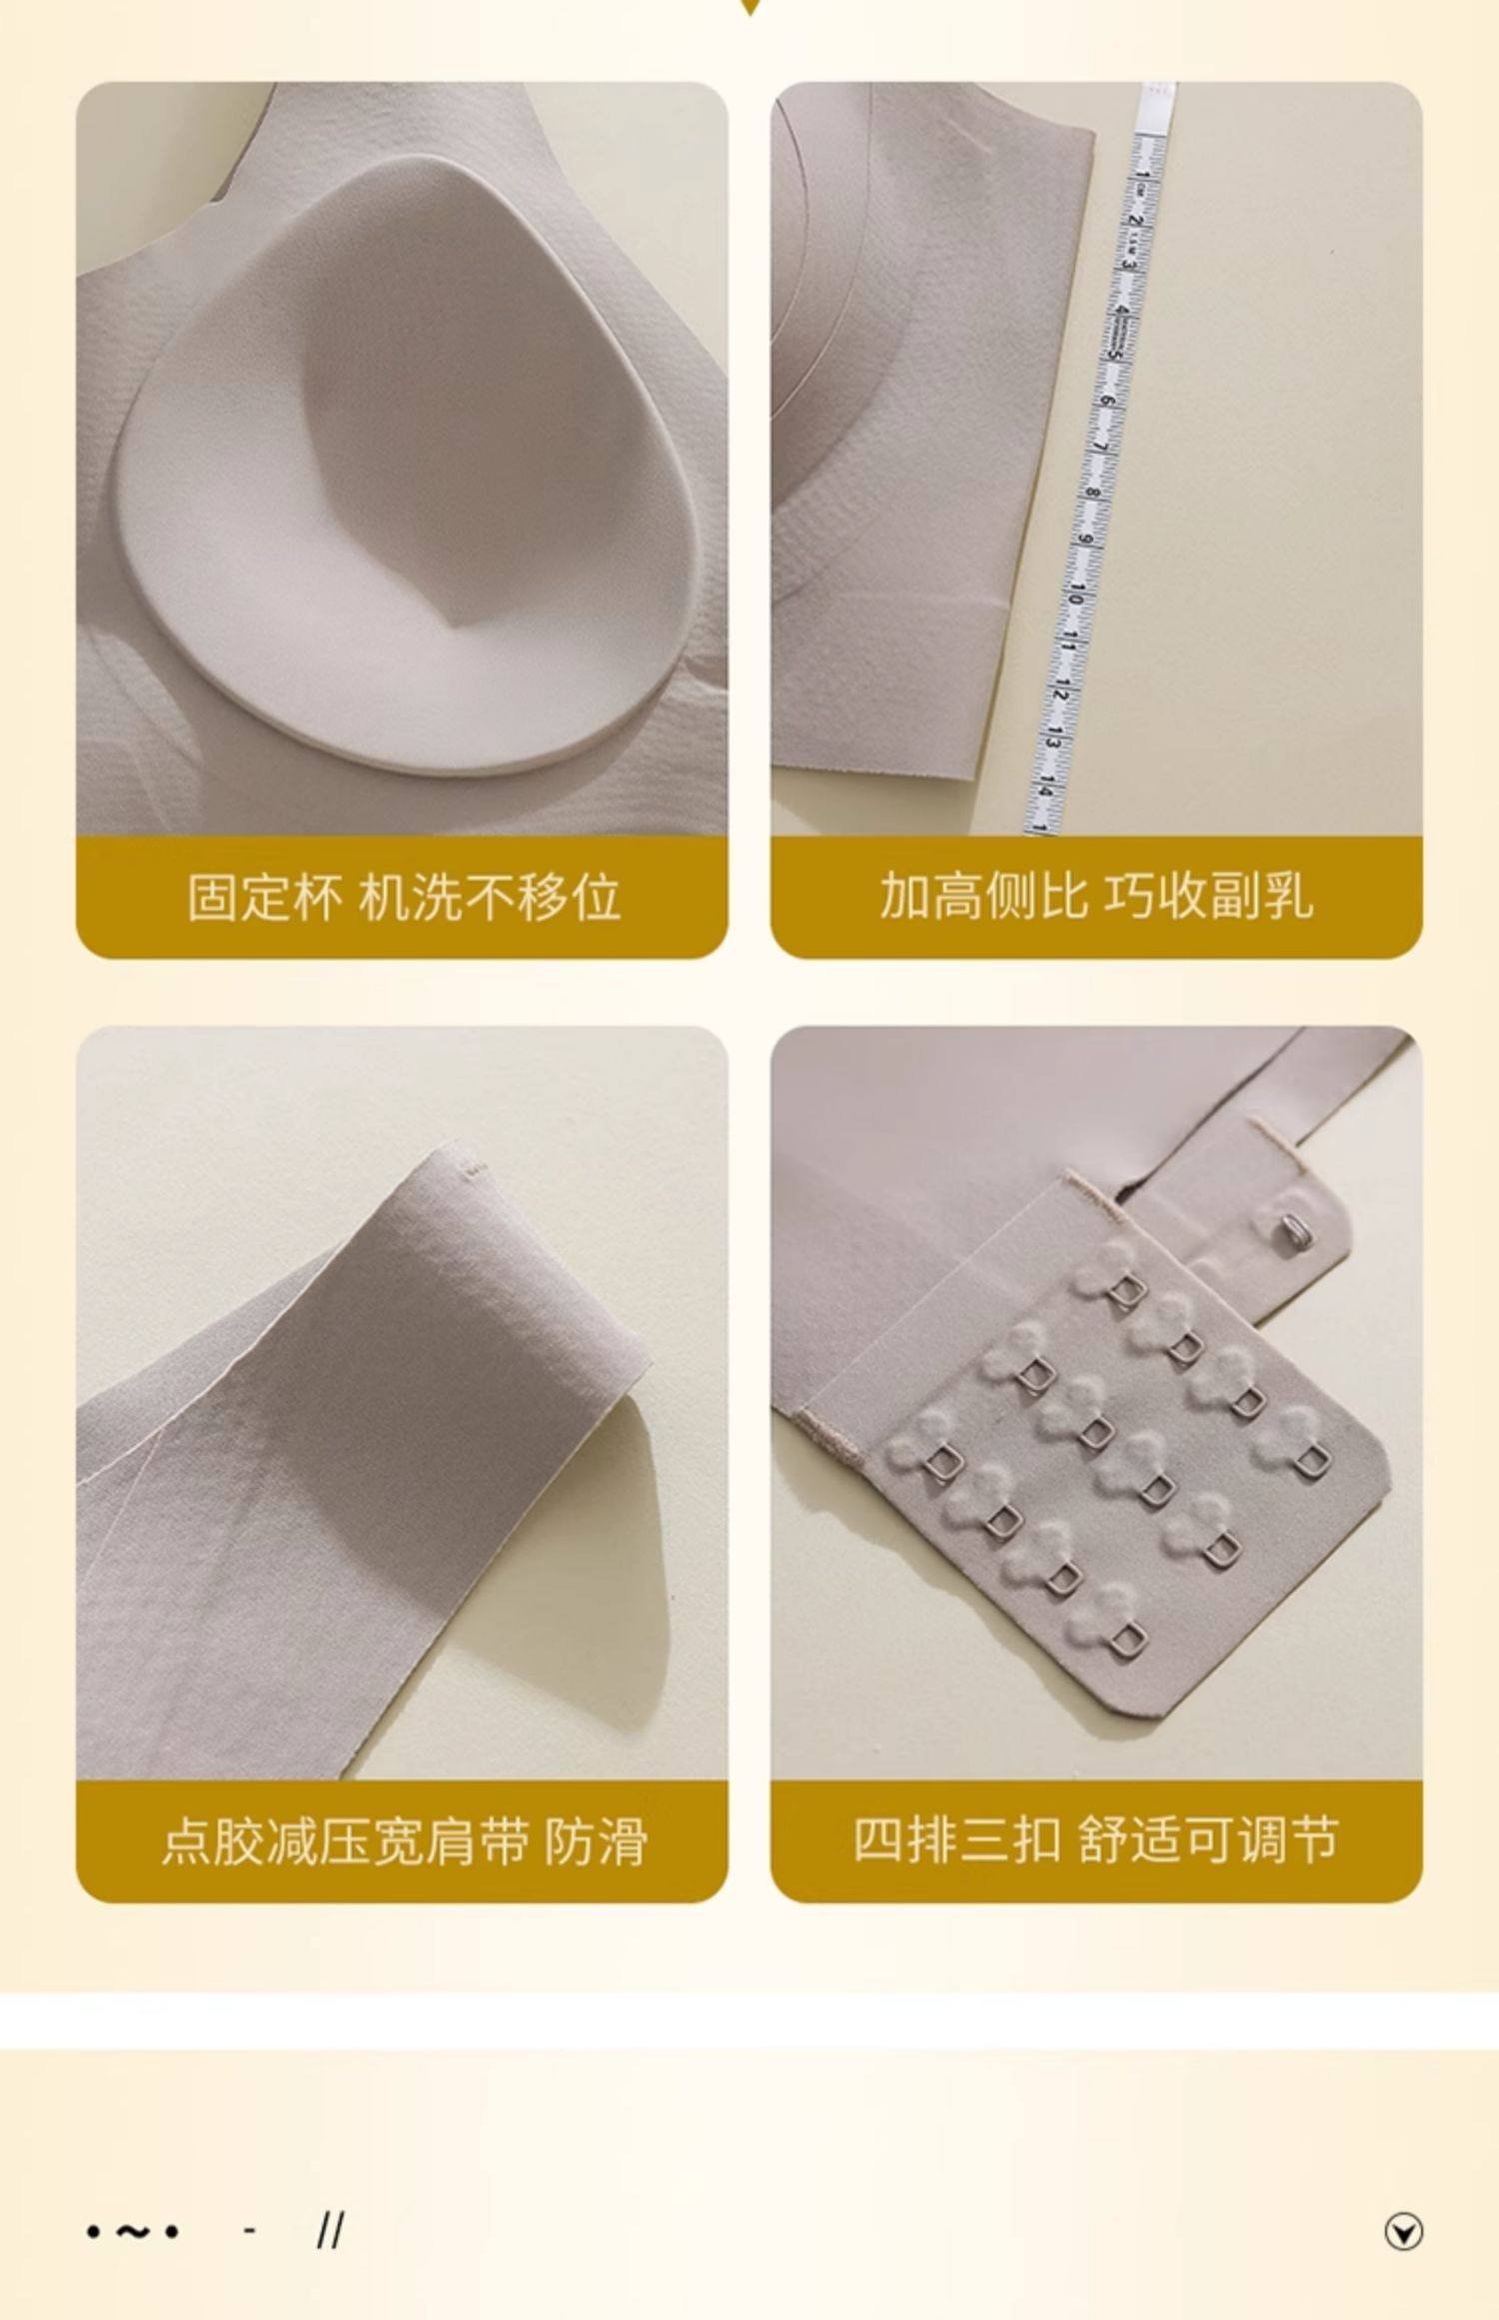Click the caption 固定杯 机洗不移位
point(404,896)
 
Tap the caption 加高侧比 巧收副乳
point(1096,895)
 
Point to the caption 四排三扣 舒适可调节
point(1096,1839)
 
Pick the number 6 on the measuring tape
point(1106,402)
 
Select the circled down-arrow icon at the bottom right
point(1403,2231)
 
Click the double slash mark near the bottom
point(331,2230)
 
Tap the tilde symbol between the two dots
point(133,2230)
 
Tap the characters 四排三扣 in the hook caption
point(956,1839)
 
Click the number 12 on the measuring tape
point(1060,689)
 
